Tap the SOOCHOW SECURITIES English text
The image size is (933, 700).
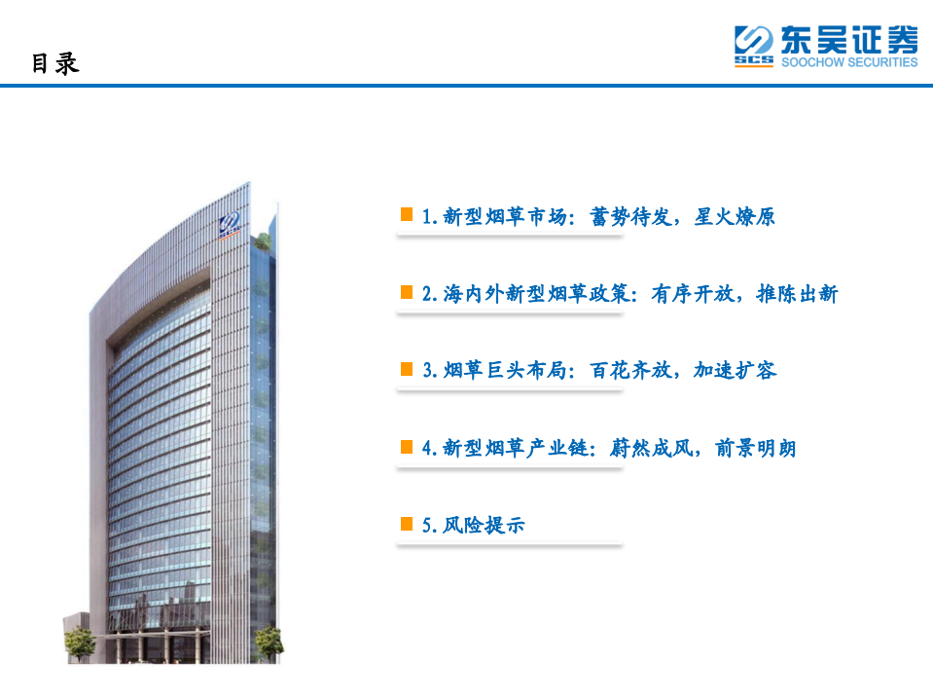click(x=849, y=62)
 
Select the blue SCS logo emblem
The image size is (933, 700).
click(x=754, y=47)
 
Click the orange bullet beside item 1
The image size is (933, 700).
click(x=408, y=215)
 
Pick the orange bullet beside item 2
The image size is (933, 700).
click(x=408, y=292)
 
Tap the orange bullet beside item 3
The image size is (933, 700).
click(x=408, y=369)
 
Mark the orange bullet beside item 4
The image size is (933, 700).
click(x=408, y=447)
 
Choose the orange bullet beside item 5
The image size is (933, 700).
click(x=408, y=524)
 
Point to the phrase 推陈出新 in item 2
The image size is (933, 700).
click(x=797, y=294)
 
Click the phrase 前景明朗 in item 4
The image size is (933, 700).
click(x=756, y=449)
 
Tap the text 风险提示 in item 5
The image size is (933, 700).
click(x=484, y=526)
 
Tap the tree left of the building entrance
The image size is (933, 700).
click(x=79, y=642)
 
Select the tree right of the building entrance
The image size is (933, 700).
click(x=267, y=641)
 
